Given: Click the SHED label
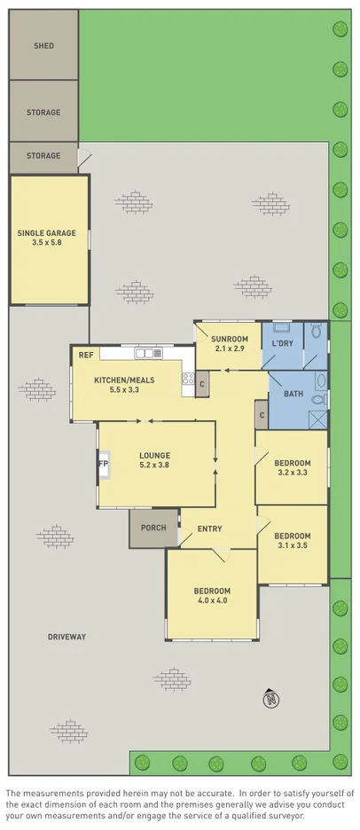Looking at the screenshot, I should click(x=43, y=45).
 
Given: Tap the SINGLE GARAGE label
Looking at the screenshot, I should click(x=46, y=233).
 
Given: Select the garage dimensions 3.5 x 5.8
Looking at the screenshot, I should click(x=46, y=243).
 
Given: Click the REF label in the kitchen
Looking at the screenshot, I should click(x=86, y=355).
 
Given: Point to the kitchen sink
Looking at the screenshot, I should click(x=145, y=353).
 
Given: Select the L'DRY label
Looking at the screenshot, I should click(x=283, y=343).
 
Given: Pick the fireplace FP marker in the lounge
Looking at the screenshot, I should click(x=103, y=464).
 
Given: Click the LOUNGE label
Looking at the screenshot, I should click(x=155, y=456).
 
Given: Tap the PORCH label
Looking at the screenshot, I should click(x=153, y=528).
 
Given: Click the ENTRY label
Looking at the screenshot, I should click(x=210, y=529).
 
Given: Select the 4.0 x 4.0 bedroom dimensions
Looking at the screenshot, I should click(x=212, y=601).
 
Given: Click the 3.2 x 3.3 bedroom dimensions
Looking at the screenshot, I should click(x=292, y=473).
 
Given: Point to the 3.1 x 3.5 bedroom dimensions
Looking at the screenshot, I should click(x=292, y=545).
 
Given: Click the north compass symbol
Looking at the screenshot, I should click(x=270, y=701).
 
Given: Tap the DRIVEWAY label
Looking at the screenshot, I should click(x=67, y=637).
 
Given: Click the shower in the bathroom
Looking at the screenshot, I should click(x=317, y=419).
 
